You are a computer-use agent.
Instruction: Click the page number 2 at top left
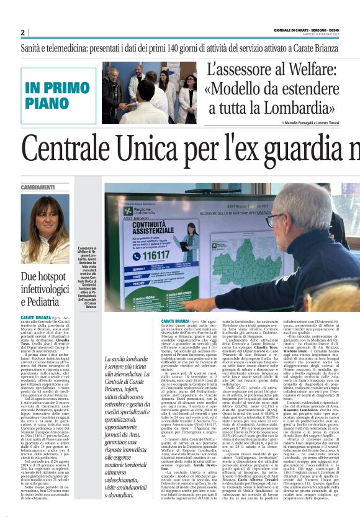click(x=22, y=32)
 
